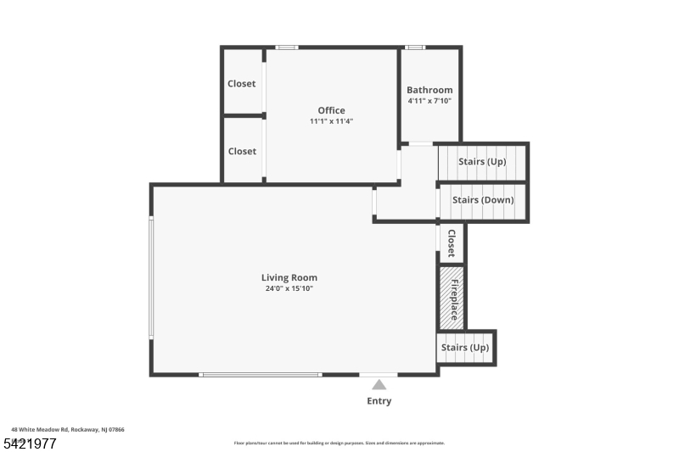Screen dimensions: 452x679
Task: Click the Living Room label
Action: click(x=289, y=277)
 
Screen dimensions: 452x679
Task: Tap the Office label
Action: click(x=331, y=110)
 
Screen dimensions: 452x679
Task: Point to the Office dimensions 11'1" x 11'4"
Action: click(x=331, y=121)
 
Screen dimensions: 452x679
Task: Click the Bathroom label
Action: click(x=429, y=90)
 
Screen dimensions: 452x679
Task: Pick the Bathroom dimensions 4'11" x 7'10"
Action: click(x=429, y=101)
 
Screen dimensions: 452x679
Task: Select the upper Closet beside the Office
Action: click(x=242, y=84)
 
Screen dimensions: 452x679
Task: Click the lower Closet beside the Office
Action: click(x=242, y=151)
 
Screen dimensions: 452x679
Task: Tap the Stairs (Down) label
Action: click(x=482, y=200)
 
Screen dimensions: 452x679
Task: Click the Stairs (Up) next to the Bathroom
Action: click(x=482, y=161)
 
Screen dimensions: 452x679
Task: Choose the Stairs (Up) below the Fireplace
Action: click(x=465, y=348)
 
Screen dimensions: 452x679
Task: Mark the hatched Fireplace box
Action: click(x=452, y=298)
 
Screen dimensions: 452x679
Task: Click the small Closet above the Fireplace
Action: click(x=452, y=243)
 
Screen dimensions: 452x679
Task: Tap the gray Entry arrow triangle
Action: click(x=379, y=385)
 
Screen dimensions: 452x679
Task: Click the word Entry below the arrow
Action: click(x=379, y=401)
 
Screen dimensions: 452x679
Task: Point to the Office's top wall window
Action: click(x=287, y=47)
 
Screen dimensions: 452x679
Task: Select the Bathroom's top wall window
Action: click(x=415, y=47)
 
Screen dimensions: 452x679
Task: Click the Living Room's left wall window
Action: click(x=151, y=278)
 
